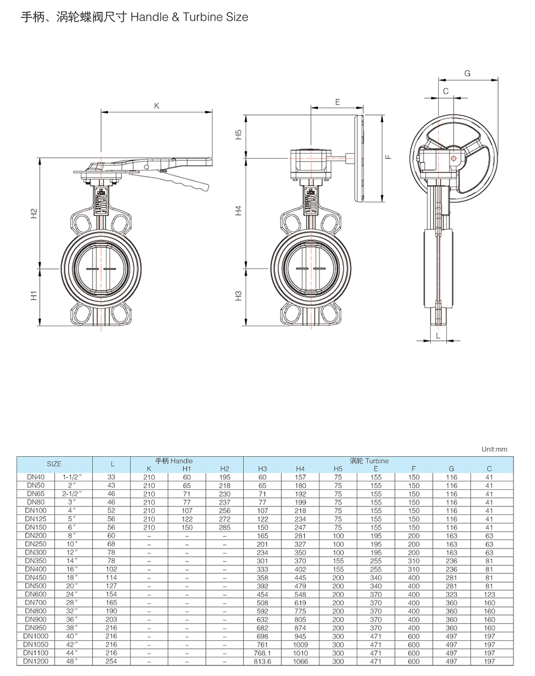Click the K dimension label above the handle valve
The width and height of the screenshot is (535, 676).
[x=157, y=106]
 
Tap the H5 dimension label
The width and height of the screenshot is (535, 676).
[x=239, y=135]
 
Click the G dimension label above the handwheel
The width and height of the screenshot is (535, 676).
[x=467, y=73]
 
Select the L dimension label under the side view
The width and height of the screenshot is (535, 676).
[x=438, y=335]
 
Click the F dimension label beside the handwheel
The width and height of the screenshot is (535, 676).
[x=389, y=157]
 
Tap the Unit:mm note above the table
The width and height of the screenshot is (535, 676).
[x=494, y=449]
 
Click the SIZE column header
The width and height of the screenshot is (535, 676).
[x=54, y=464]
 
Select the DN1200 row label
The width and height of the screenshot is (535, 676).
[x=36, y=662]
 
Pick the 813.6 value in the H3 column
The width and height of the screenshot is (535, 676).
[x=262, y=662]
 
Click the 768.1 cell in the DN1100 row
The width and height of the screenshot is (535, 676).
[x=262, y=653]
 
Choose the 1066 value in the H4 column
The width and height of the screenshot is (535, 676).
[x=300, y=662]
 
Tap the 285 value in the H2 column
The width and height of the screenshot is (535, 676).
[x=224, y=528]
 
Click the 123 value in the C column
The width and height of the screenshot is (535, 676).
[x=489, y=595]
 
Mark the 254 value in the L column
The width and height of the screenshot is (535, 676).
[x=111, y=662]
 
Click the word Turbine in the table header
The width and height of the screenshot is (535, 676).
[x=377, y=460]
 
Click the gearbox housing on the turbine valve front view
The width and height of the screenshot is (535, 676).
[x=309, y=163]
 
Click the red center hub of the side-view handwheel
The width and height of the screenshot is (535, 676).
[x=454, y=158]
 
